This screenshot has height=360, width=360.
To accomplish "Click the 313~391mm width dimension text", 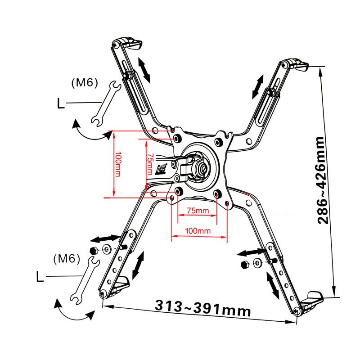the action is [203, 309].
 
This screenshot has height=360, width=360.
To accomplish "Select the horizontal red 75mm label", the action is [198, 211].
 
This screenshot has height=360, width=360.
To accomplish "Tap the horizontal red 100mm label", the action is [198, 230].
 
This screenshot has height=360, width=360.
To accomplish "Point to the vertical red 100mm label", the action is [118, 164].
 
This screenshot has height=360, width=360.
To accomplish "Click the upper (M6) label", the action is [85, 83].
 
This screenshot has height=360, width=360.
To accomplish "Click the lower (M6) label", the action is [67, 259].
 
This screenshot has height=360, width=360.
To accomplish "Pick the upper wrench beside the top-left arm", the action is [106, 104].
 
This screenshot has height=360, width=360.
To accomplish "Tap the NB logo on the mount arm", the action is [162, 170].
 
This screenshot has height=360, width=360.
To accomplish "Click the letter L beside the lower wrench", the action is [40, 277].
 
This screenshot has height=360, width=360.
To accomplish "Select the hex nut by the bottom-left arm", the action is [94, 250].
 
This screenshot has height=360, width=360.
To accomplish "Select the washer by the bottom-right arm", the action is [257, 263].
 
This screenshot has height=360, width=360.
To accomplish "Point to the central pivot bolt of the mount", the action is [204, 169].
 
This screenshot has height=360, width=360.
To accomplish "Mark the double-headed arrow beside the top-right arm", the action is [258, 87].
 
